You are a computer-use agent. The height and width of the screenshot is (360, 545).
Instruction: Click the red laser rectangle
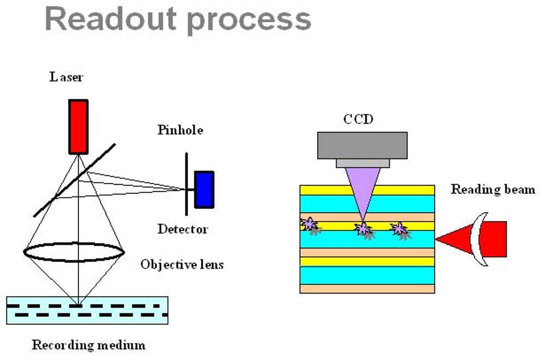78,127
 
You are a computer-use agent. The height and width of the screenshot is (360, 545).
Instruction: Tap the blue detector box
204,190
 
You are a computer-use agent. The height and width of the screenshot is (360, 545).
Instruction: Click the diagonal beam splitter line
74,180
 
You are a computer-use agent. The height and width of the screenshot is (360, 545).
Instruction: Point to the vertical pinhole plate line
186,184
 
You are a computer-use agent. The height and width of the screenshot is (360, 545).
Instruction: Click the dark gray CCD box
362,145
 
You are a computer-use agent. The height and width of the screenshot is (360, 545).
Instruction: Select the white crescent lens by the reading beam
477,239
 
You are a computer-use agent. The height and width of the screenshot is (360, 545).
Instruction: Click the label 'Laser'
66,77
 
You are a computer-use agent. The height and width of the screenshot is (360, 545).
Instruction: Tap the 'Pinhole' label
180,130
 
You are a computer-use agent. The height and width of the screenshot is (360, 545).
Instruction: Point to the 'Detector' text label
183,229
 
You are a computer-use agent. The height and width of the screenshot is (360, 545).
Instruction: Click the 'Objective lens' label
182,265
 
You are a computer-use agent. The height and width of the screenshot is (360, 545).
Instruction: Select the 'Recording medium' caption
89,345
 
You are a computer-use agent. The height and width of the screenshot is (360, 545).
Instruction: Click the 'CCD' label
359,119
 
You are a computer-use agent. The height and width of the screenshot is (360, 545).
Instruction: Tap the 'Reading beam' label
493,190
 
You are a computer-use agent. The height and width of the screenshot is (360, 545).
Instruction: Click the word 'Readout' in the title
111,19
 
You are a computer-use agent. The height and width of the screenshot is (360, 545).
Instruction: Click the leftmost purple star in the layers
308,223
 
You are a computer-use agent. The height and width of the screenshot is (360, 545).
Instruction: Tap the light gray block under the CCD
362,163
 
